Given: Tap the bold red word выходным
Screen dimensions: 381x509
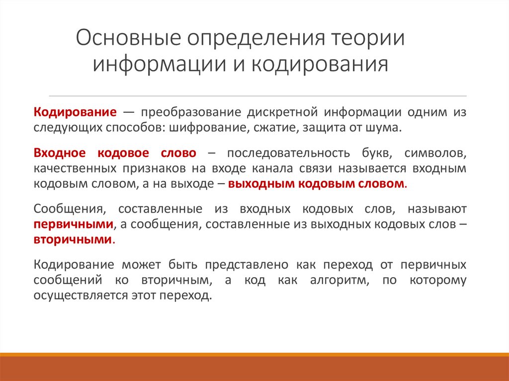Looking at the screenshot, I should click(260, 183).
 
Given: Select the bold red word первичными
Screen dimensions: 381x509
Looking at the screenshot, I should click(73, 225).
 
